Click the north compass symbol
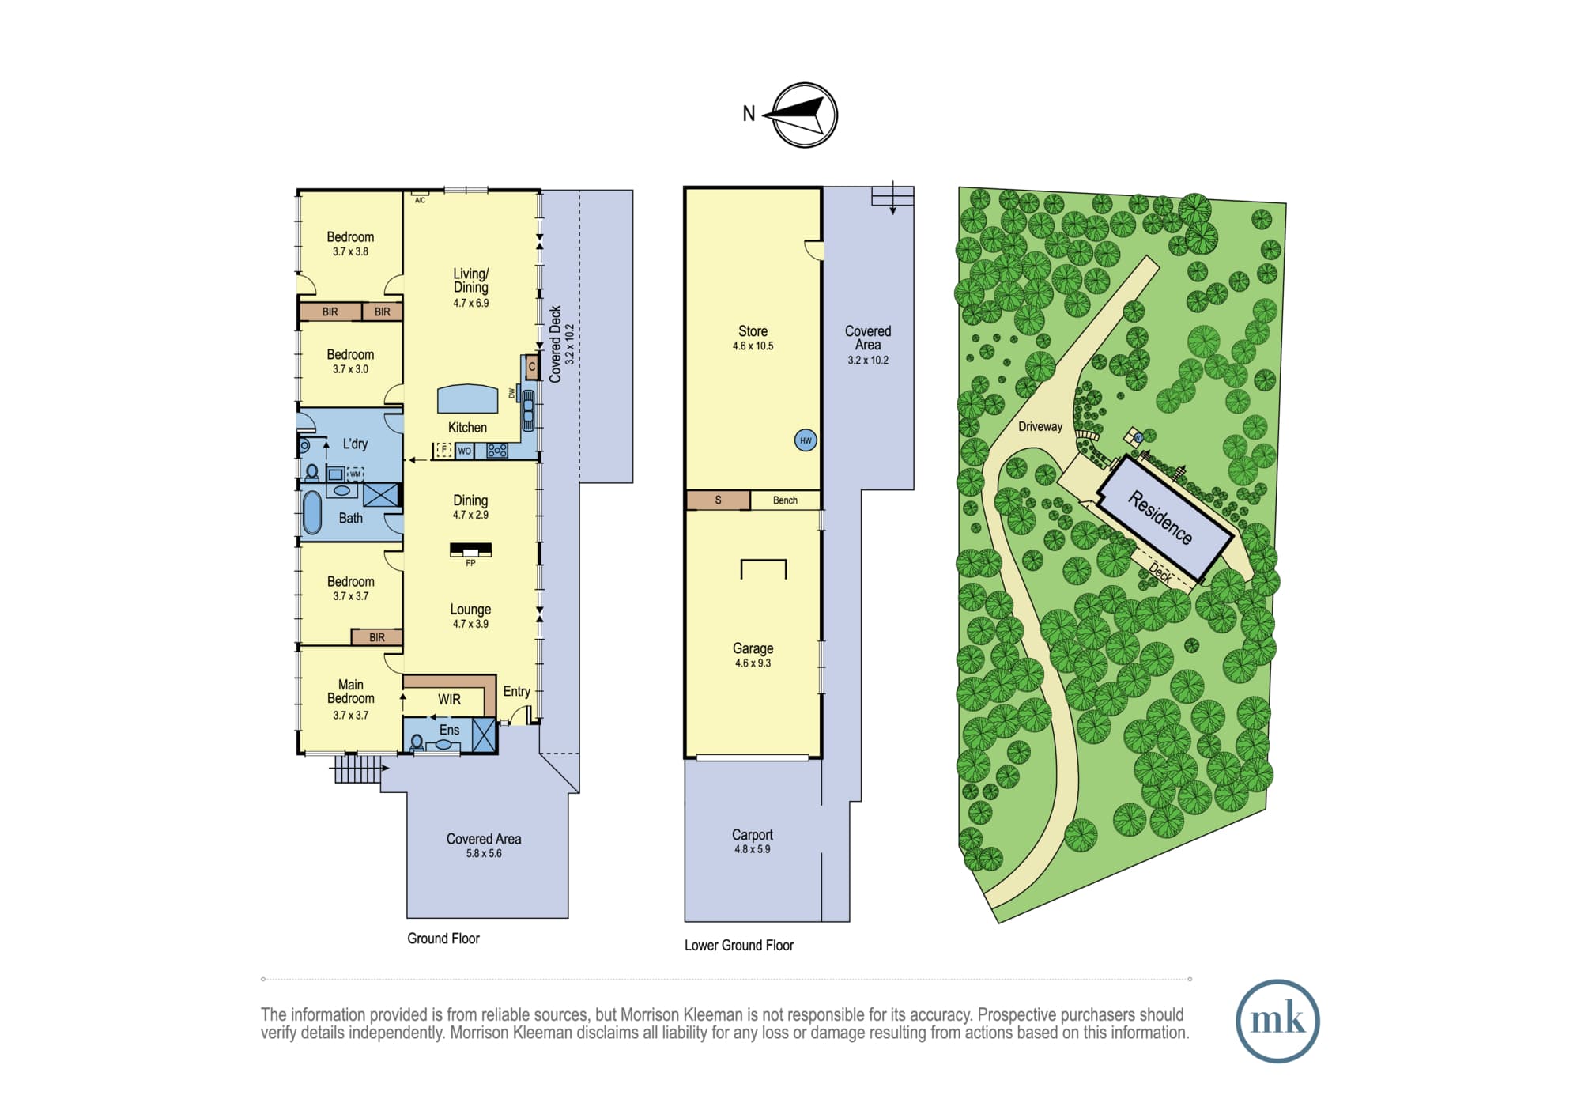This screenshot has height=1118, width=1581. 804,115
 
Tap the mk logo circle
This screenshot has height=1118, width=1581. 1277,1021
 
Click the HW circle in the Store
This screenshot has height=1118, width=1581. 806,441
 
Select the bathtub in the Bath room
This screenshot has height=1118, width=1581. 312,513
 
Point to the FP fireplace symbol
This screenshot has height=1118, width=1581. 471,549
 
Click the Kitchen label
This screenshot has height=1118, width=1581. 467,428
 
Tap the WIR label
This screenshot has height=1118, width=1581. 449,700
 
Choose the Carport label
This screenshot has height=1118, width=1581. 752,835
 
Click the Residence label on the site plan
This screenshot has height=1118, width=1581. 1160,518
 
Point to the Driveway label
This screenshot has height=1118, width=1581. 1040,427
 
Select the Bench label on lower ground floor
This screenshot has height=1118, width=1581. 785,500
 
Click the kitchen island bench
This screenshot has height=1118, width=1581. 468,398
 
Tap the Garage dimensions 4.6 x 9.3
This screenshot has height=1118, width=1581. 753,663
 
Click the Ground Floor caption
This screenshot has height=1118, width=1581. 443,939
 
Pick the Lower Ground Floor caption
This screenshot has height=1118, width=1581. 739,946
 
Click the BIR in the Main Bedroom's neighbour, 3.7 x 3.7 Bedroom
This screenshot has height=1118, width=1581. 377,637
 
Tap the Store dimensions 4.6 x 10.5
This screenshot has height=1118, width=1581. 753,346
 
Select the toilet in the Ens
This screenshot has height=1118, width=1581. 417,742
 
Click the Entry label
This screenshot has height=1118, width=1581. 517,692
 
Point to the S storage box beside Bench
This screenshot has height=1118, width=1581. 718,500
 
